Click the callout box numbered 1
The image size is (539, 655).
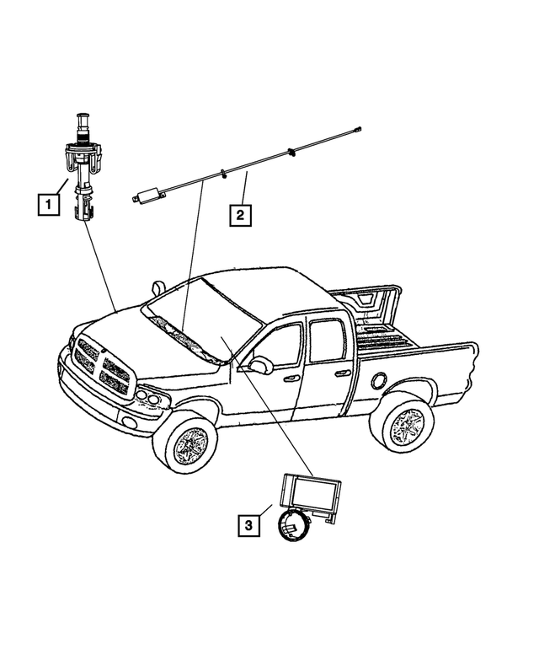(49, 203)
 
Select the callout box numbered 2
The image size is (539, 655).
(240, 215)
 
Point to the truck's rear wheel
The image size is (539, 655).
(406, 426)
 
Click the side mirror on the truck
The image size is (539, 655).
(259, 365)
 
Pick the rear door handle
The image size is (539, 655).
(342, 373)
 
